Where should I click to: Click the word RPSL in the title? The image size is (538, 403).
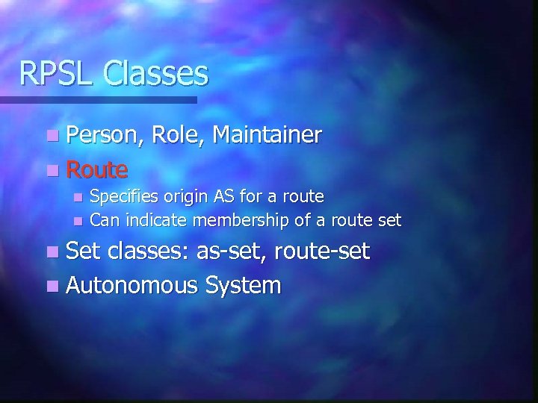click(x=58, y=74)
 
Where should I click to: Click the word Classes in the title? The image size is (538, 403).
click(x=156, y=74)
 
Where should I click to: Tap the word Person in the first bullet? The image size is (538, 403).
click(x=105, y=135)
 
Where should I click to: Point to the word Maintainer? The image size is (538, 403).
click(x=268, y=135)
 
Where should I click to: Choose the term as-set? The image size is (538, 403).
click(x=232, y=252)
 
